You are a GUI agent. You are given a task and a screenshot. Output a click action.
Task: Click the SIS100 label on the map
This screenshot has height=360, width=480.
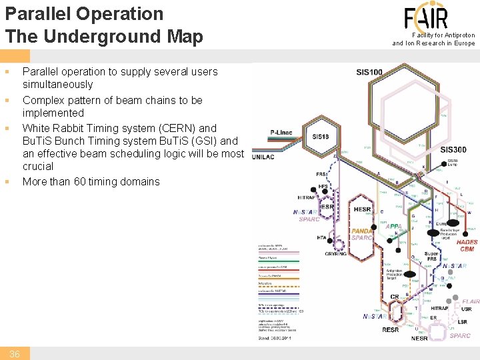point(369,72)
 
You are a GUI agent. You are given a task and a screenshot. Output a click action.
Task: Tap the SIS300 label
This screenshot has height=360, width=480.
point(453,149)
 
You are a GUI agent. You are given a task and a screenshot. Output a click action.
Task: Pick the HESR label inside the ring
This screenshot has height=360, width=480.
point(362,209)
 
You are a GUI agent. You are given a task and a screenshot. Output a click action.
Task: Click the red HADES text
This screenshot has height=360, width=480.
point(467,243)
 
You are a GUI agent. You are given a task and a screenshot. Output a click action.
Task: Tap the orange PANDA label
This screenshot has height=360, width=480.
point(362,231)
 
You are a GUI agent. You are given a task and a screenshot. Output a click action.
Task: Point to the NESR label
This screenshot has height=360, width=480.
point(419,338)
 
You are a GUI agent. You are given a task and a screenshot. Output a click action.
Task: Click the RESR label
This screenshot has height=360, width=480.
point(391,329)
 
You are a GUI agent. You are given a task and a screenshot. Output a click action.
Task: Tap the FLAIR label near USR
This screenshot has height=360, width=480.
point(471,301)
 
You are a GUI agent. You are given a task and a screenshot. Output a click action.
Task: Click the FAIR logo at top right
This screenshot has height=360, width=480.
point(426,17)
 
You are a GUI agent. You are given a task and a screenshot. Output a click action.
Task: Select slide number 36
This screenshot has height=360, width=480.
point(14,354)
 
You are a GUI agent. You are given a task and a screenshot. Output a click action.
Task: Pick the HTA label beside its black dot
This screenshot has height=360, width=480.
point(322,238)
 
